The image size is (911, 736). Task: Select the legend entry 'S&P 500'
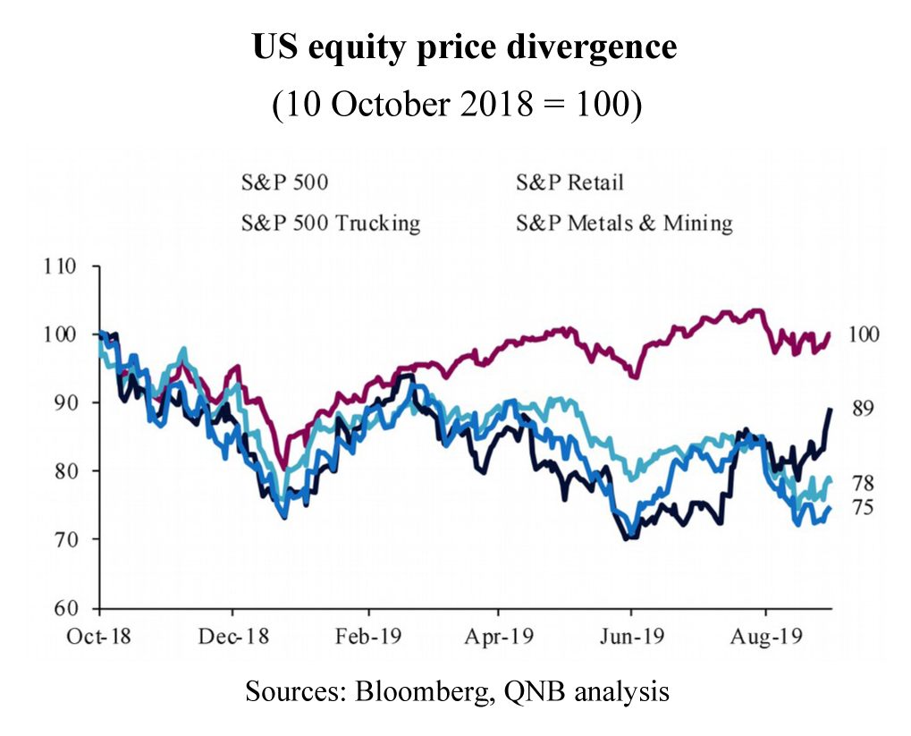[x=284, y=182]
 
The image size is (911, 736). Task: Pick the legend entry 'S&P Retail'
[x=569, y=182]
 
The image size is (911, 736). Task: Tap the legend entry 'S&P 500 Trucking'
[x=331, y=222]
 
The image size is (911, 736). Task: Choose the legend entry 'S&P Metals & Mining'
[x=624, y=222]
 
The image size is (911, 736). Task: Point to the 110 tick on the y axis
[x=68, y=266]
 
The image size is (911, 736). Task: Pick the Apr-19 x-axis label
[x=499, y=638]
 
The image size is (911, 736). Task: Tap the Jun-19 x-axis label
[x=631, y=638]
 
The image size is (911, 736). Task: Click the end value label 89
[x=861, y=409]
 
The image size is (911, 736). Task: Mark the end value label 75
[x=861, y=508]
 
